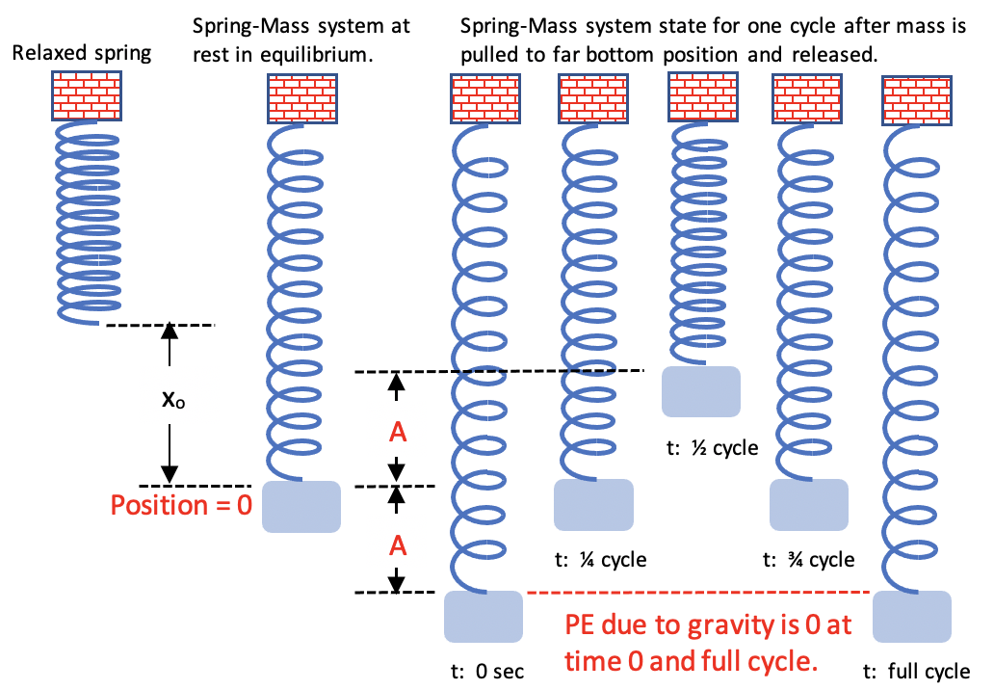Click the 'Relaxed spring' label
82,53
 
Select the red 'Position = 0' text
180,505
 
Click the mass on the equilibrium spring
301,506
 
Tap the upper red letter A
397,434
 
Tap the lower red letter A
397,546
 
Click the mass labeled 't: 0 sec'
483,618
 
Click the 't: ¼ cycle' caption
599,560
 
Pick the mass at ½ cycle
701,391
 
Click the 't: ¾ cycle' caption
808,560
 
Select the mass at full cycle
912,618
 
